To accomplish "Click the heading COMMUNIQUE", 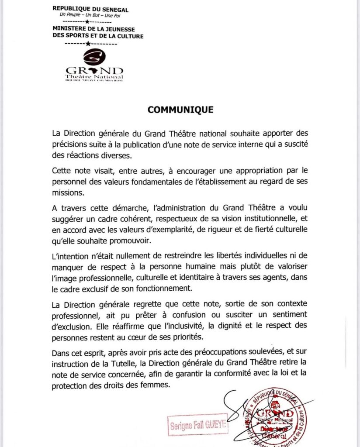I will coord(180,110).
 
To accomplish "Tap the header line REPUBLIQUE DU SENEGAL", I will coord(90,9).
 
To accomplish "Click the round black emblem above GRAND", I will coord(94,57).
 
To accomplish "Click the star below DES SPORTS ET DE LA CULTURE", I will coord(87,44).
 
